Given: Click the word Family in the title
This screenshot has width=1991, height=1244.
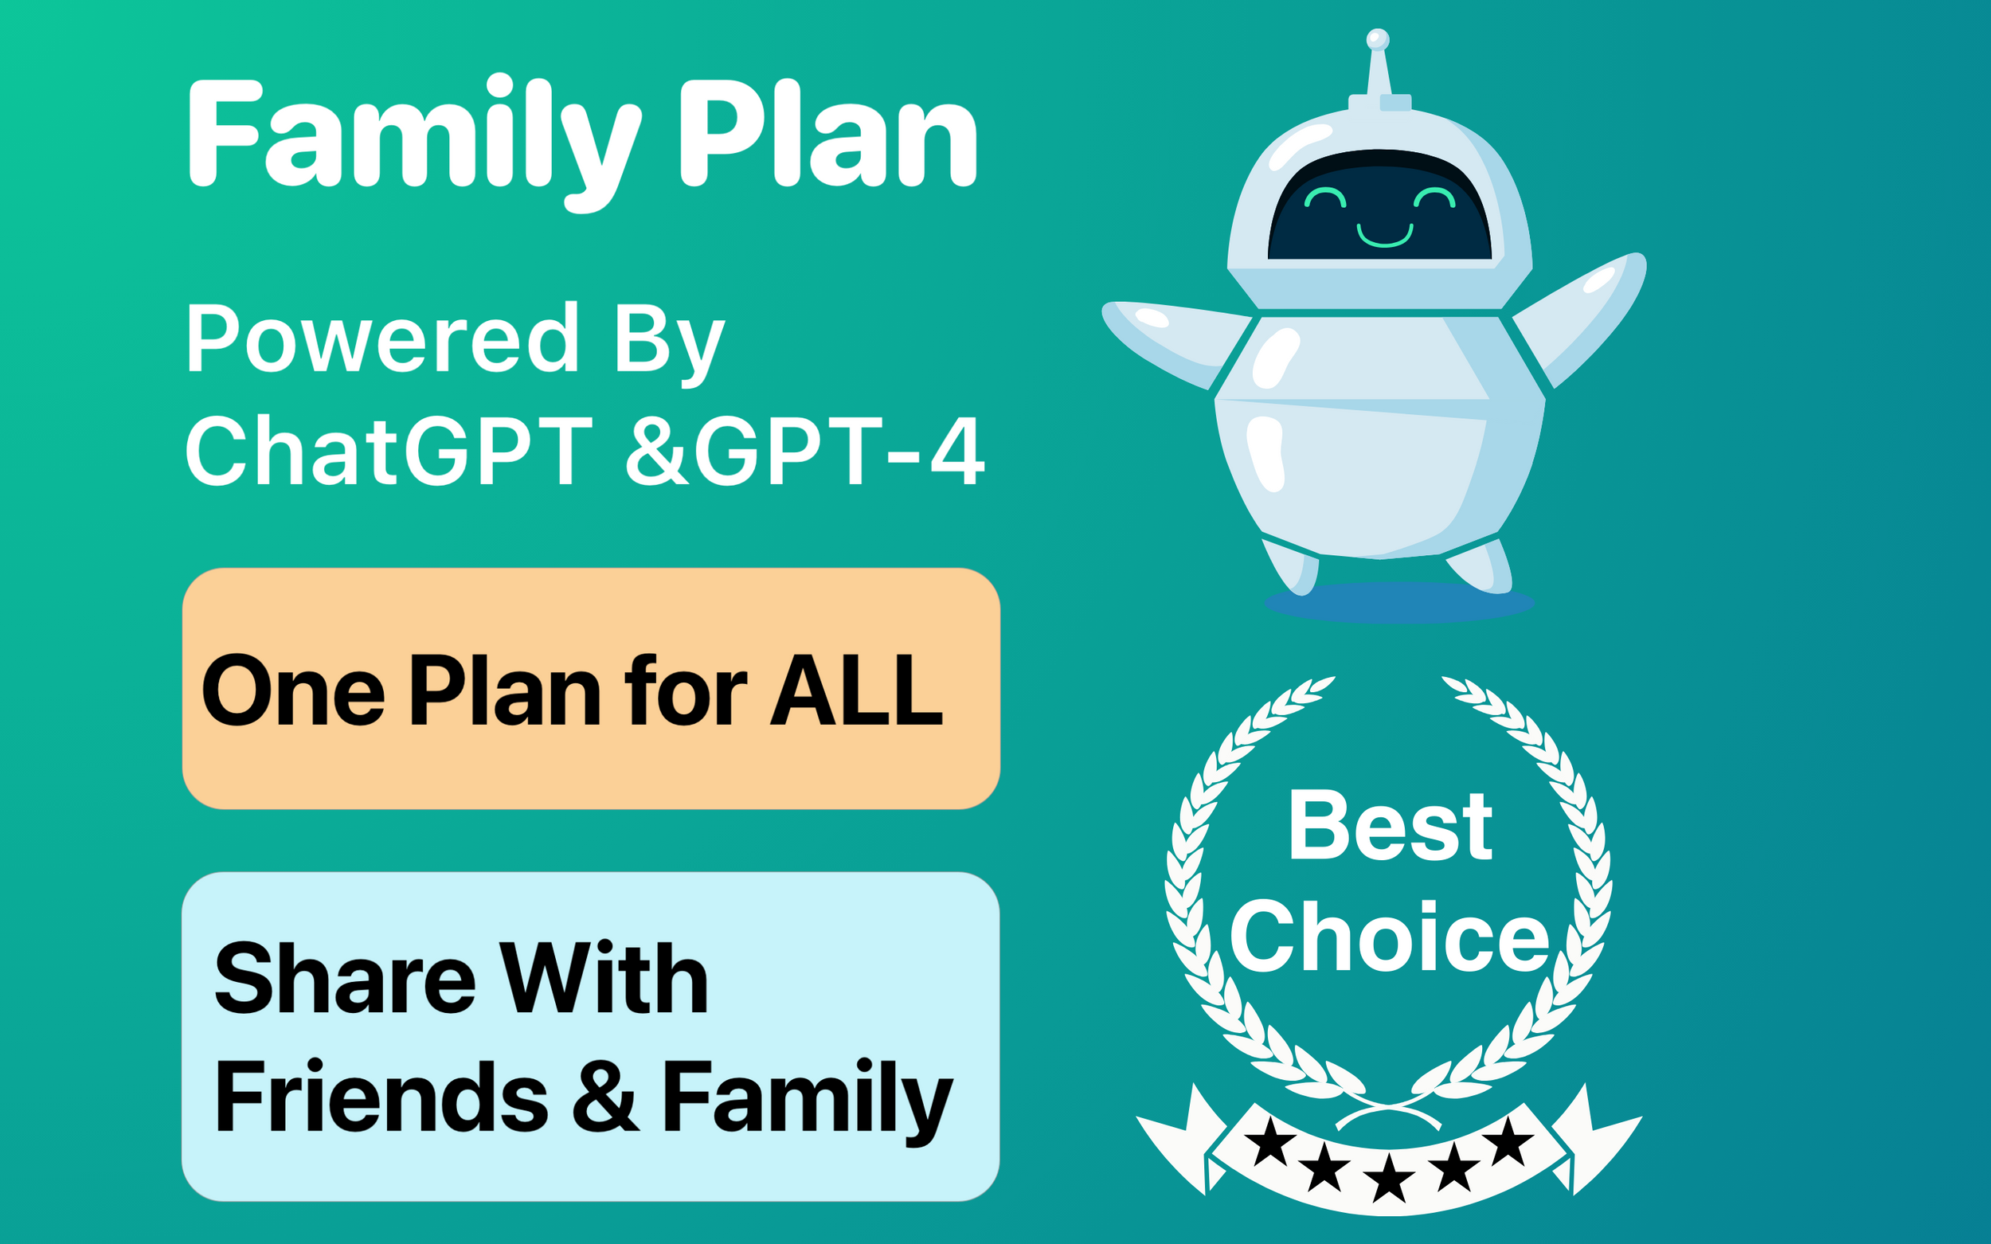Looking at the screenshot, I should point(412,135).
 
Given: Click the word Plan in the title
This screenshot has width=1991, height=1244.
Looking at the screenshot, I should point(827,135).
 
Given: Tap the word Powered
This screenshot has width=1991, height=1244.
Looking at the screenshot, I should point(382,339).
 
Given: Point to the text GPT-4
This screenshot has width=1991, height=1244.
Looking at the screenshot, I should point(839,451).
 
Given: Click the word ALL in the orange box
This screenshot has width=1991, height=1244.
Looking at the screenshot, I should point(855,691).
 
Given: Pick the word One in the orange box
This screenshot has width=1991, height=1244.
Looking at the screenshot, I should point(293,691).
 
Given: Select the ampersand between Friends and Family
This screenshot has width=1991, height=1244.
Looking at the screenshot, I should point(604,1097).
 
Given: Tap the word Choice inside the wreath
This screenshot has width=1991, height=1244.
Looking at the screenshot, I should point(1391,937).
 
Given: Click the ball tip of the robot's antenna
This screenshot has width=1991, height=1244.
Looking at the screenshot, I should point(1377,40).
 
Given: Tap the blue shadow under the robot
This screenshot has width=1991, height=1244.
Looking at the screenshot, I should point(1398,602).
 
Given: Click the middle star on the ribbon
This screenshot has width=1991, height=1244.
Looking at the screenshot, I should point(1389,1176).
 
